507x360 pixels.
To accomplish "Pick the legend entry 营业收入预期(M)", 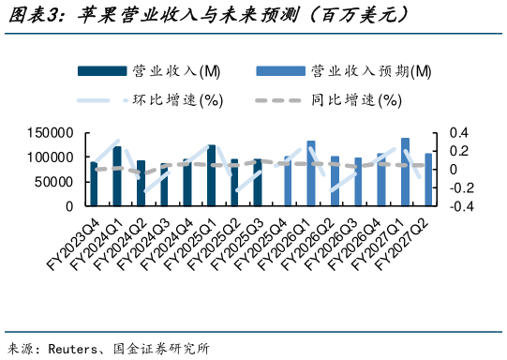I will [369, 71].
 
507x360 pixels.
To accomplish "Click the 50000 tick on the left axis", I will [53, 182].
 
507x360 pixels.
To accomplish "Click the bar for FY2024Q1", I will [117, 175].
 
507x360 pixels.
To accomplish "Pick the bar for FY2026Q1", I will [310, 173].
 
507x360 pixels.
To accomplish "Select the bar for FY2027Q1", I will [405, 172].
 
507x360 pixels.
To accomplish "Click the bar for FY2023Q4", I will [94, 184].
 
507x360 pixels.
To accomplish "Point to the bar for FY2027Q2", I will [428, 179].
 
